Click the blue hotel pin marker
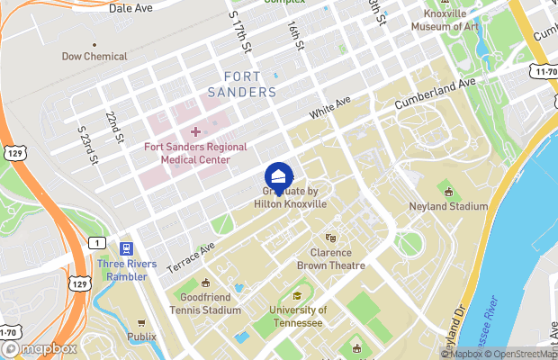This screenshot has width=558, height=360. [279, 175]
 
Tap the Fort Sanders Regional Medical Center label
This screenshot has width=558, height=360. [194, 151]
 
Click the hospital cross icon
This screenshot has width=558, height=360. [195, 132]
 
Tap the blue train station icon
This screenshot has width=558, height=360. [127, 247]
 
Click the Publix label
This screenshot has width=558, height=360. [141, 338]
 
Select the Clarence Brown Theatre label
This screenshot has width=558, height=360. [331, 259]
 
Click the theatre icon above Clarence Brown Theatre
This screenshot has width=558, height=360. [331, 238]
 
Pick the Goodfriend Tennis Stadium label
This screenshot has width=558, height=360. [205, 303]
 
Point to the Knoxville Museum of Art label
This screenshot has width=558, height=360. [450, 21]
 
